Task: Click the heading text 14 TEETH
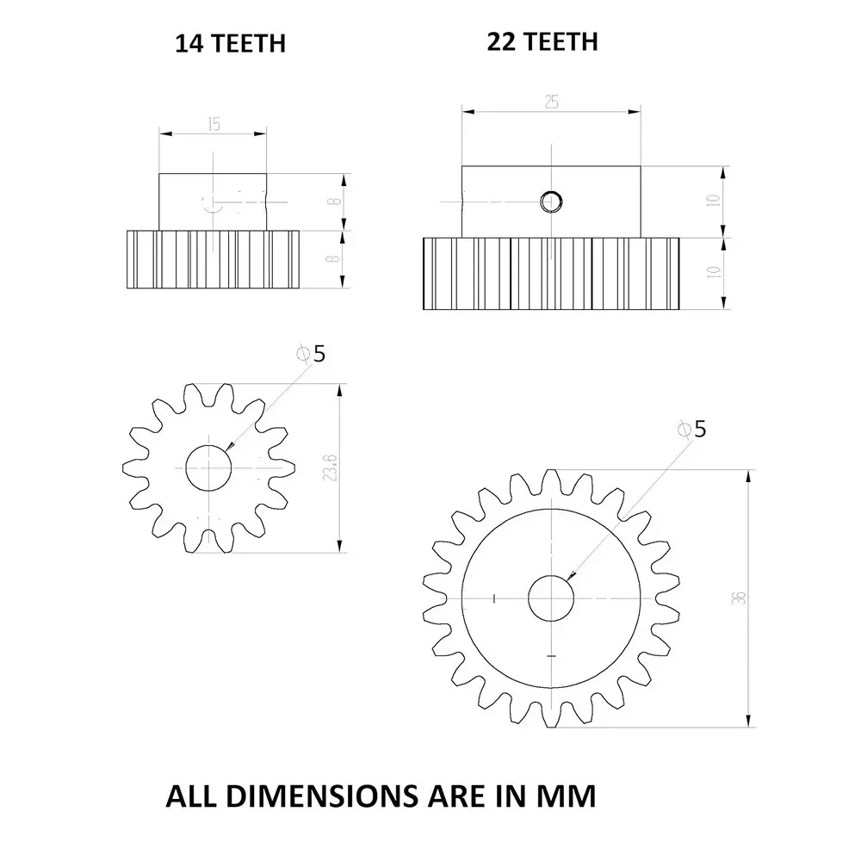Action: [x=230, y=44]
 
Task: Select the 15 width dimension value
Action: [x=213, y=124]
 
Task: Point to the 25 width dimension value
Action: [x=551, y=102]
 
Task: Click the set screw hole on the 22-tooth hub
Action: [x=551, y=201]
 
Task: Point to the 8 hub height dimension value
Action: [x=332, y=201]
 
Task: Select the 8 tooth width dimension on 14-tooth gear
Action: [x=332, y=258]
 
